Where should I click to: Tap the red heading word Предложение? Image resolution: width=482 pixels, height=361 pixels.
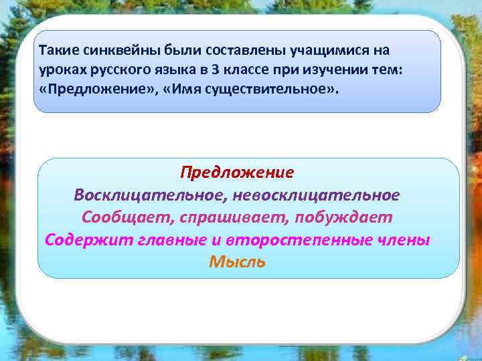(237, 172)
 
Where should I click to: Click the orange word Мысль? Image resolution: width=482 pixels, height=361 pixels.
(237, 262)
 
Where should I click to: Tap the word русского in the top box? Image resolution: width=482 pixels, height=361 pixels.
(110, 70)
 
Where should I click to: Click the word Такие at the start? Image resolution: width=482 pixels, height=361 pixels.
(56, 51)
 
